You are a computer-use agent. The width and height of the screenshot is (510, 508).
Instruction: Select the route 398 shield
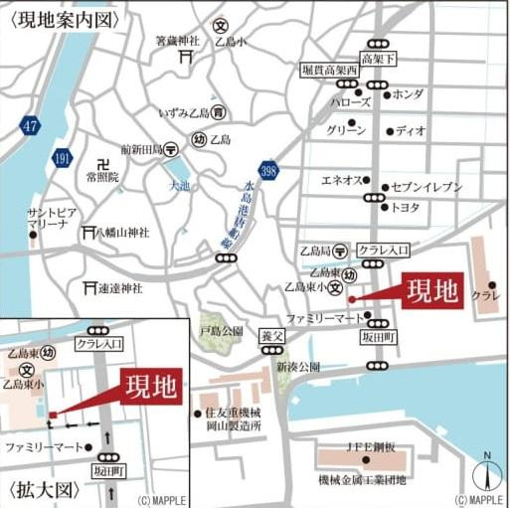click(x=267, y=172)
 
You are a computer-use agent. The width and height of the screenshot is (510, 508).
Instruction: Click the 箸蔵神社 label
click(x=182, y=42)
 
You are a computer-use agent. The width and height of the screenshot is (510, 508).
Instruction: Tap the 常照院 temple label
click(x=101, y=176)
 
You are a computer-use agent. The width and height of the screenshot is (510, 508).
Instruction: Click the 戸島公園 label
click(x=221, y=329)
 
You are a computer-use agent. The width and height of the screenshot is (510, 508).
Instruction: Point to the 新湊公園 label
click(x=298, y=366)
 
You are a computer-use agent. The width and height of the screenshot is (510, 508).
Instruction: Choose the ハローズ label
click(x=351, y=101)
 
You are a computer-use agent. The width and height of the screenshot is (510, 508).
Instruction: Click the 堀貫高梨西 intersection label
click(x=329, y=71)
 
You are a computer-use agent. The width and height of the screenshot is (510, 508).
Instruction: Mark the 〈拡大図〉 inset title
click(x=41, y=490)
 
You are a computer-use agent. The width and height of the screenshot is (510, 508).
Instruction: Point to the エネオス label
click(x=339, y=180)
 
